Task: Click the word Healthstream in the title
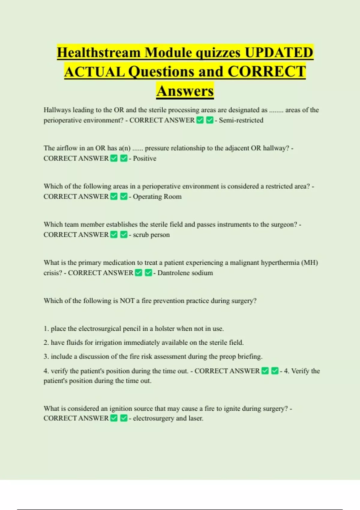pos(99,52)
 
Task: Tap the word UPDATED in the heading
pos(279,52)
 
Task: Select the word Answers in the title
pos(185,91)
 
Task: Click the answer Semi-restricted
pos(241,120)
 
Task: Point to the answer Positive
pos(145,158)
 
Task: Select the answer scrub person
pos(151,235)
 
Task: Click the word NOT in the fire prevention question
pos(127,301)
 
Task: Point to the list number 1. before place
pos(46,328)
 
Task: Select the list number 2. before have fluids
pos(46,342)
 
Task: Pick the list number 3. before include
pos(46,356)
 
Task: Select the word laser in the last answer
pos(195,418)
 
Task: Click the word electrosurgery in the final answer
pos(153,418)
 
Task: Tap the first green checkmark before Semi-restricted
pos(200,120)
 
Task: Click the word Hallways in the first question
pos(57,110)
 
